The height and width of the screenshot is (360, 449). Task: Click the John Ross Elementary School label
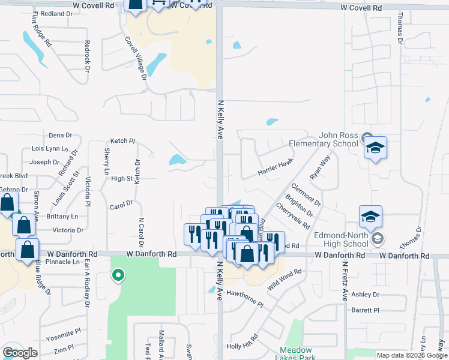coord(323,140)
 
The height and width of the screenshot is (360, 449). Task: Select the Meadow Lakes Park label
coord(297,354)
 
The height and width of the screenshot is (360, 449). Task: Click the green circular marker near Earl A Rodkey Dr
coord(118,275)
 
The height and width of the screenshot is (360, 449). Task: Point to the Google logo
coord(20,353)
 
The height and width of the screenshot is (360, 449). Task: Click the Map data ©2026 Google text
coord(412,355)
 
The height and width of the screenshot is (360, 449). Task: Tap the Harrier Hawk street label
coord(276,167)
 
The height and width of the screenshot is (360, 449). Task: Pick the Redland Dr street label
coord(57,13)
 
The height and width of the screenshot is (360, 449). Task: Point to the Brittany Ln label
coord(62,216)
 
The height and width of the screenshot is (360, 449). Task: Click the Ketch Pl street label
coord(123,140)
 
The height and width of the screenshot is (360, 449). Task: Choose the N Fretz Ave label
coord(345,281)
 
